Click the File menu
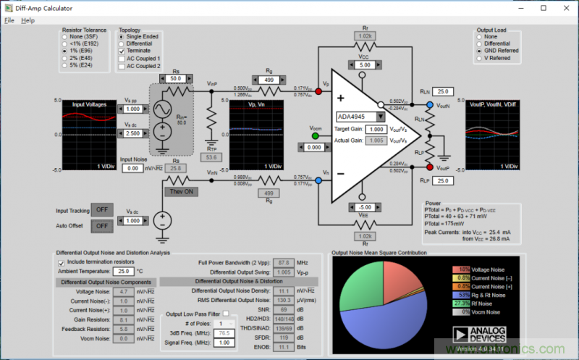click(x=9, y=20)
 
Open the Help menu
click(x=28, y=20)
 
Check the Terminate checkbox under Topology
click(x=122, y=51)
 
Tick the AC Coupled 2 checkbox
click(x=122, y=66)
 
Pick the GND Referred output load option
click(x=479, y=51)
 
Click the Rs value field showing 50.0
click(x=175, y=78)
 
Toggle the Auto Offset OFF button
click(x=103, y=225)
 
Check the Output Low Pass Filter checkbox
click(x=225, y=313)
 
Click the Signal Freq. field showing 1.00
click(x=226, y=342)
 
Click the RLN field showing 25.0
click(x=444, y=92)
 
